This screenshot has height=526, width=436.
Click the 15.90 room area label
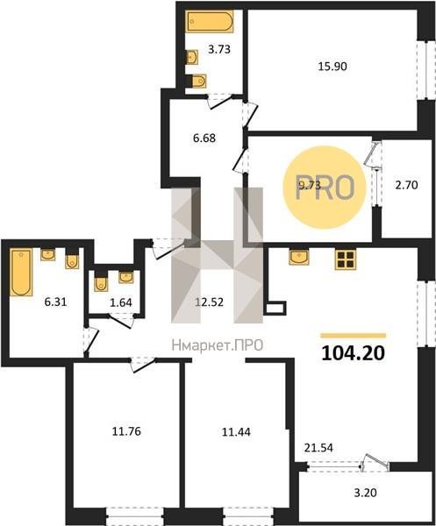[332, 67]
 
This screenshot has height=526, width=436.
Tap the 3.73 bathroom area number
[219, 50]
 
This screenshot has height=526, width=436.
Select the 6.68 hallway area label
[204, 138]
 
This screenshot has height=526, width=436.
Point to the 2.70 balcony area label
[406, 185]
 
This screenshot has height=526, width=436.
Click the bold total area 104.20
[353, 353]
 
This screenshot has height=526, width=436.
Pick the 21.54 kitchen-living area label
[318, 447]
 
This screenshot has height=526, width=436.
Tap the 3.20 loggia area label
[366, 493]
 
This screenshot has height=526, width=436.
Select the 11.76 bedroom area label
[126, 431]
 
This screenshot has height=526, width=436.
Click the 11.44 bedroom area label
[236, 432]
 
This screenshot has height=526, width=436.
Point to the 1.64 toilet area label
[121, 302]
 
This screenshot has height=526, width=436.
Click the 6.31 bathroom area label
[56, 302]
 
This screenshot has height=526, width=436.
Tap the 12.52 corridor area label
[209, 302]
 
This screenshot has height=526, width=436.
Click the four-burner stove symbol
[345, 259]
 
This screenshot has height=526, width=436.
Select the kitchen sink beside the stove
[299, 257]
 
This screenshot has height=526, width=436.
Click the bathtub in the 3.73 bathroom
[211, 21]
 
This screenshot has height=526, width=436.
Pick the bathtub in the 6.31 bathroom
[21, 272]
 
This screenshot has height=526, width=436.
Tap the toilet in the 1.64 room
[100, 281]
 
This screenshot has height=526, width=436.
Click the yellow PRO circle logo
[325, 188]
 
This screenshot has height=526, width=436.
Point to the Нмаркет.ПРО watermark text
[218, 345]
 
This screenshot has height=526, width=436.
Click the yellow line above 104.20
[353, 336]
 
